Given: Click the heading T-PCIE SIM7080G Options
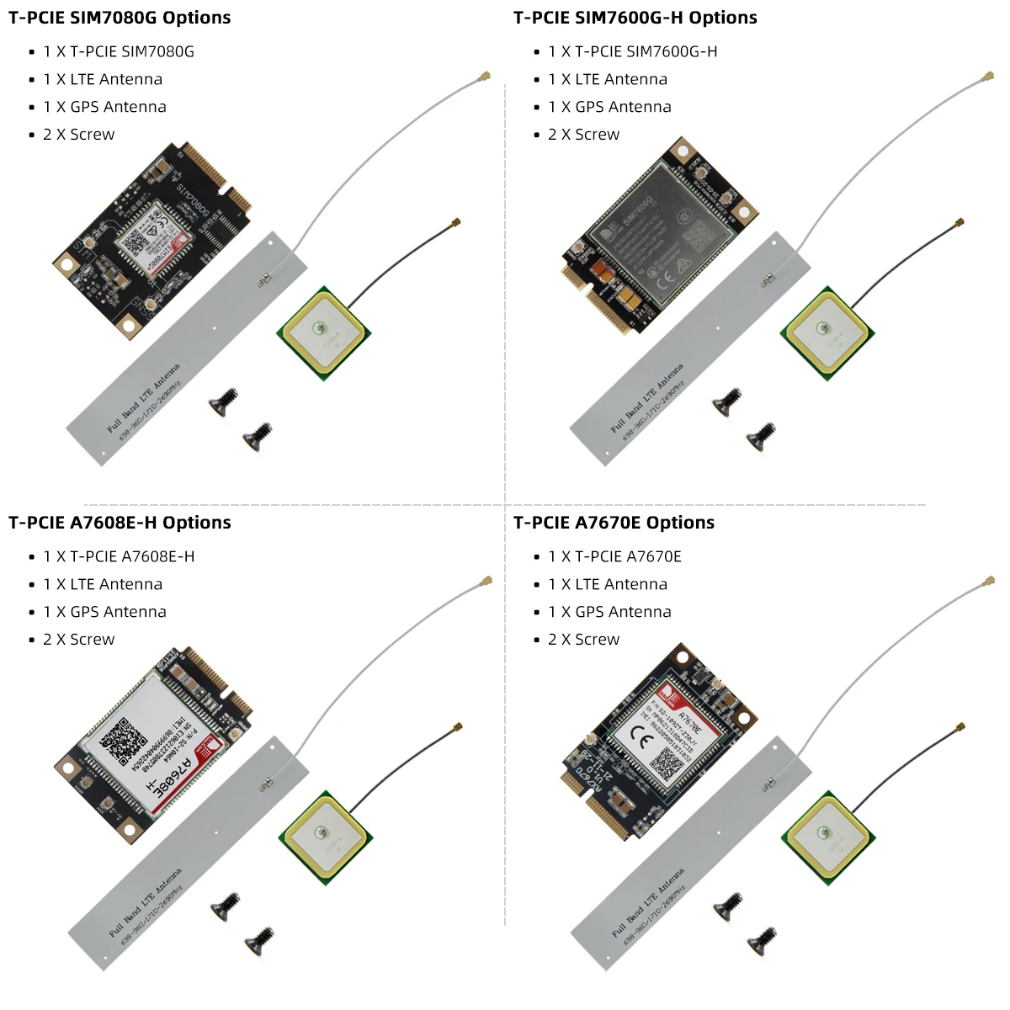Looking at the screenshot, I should pos(120,18).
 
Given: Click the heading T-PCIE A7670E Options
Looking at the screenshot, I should pos(614,523).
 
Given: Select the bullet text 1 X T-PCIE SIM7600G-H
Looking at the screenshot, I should pos(632,51).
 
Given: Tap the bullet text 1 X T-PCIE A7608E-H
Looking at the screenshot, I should pos(119,556).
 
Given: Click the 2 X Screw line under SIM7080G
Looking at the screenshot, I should pos(78,135).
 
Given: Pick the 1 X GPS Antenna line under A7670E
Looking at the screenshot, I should pos(609,612).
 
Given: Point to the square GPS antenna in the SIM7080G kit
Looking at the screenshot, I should pos(322,333).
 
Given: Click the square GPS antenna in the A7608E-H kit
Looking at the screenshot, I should pos(323,837).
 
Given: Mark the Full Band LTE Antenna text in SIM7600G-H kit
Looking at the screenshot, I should pos(646,398).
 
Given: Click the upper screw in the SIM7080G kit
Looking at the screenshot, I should pos(224,400).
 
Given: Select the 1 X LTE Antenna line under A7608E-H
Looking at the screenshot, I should pos(103,584).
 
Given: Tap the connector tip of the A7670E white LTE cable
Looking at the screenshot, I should pos(989,582).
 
